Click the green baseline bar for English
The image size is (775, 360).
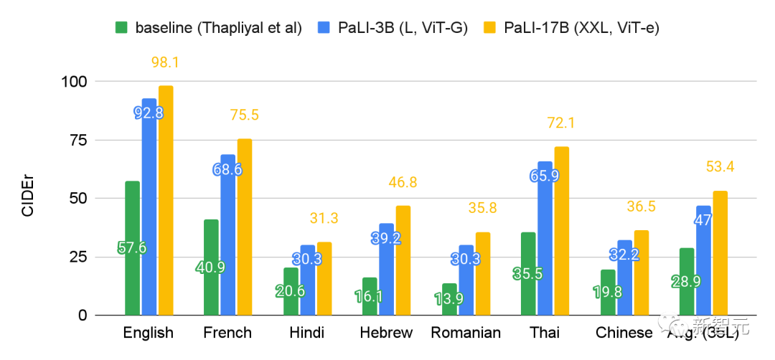(132, 215)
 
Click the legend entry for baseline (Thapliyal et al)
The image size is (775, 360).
(208, 28)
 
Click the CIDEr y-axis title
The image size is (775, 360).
(27, 199)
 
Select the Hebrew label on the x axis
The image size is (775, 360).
(387, 333)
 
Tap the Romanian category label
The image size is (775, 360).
(465, 333)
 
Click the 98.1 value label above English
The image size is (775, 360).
(165, 62)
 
